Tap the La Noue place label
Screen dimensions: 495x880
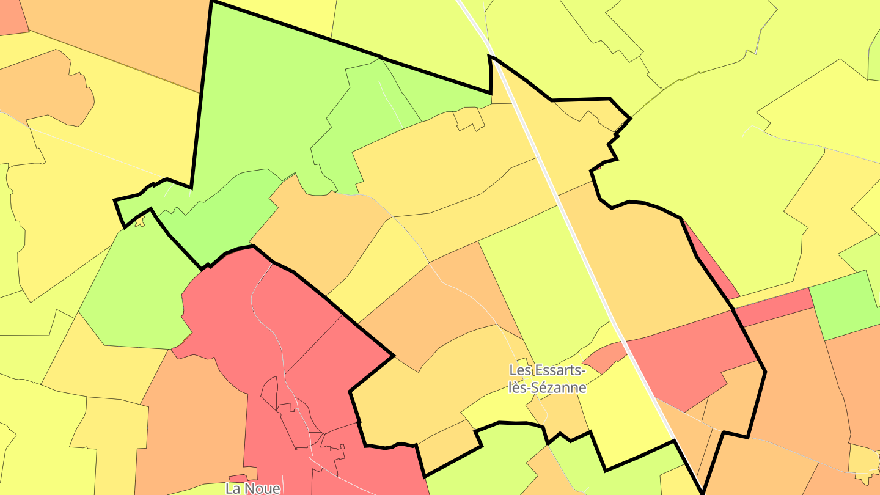[x=253, y=488]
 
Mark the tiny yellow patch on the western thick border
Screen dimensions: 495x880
[x=141, y=221]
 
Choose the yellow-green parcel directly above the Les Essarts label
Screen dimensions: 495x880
[x=544, y=287]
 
